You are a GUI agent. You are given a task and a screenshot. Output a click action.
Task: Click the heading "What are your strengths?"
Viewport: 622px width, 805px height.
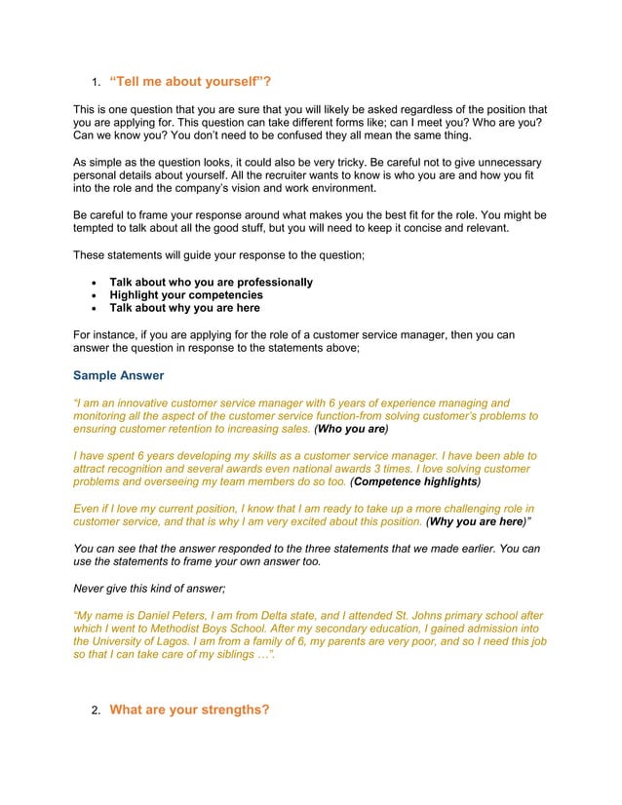pos(189,709)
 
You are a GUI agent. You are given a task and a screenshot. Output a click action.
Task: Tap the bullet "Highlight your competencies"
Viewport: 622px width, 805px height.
pos(186,294)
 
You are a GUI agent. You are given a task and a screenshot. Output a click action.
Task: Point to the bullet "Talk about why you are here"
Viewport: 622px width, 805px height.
pos(184,307)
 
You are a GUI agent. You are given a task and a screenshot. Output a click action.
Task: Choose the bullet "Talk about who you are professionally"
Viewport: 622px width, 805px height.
pos(211,282)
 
